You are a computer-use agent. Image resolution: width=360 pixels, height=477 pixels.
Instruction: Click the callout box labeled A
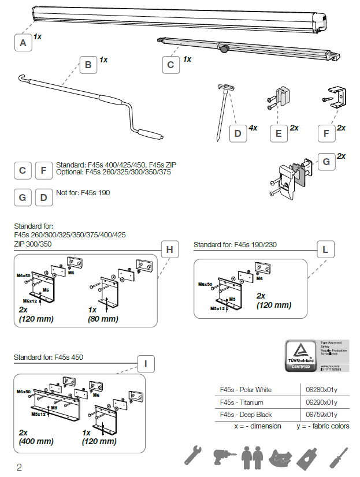tap(23, 43)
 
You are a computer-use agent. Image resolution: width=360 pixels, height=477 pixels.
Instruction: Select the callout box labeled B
tap(88, 65)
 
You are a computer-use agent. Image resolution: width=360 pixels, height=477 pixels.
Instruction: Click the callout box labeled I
tap(146, 364)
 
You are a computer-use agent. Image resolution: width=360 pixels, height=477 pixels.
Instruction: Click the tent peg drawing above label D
tap(224, 110)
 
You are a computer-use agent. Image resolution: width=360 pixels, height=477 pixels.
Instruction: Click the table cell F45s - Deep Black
tap(246, 414)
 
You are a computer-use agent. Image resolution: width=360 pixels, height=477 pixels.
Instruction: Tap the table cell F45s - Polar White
tap(246, 390)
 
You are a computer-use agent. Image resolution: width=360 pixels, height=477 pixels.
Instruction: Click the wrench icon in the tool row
tap(193, 455)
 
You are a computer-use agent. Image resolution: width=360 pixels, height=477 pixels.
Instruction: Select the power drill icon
tap(221, 456)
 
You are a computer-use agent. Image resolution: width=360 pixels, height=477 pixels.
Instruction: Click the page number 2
tap(19, 467)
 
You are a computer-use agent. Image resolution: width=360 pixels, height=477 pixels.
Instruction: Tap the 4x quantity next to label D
tap(253, 128)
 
